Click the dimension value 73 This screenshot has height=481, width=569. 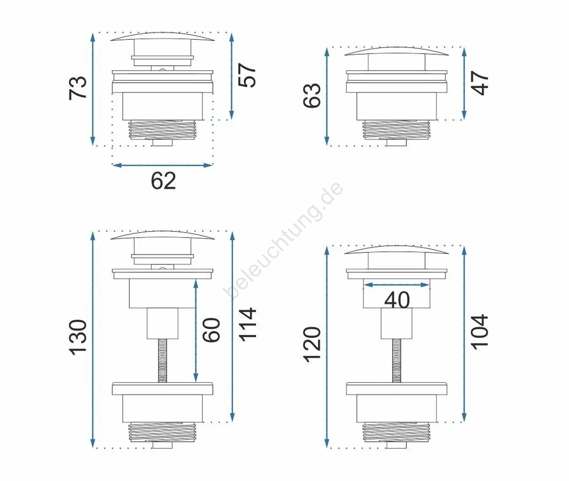[x=78, y=88]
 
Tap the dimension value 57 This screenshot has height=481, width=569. [x=247, y=76]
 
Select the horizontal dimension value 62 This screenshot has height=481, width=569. [x=163, y=181]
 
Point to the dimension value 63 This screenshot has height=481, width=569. [x=312, y=95]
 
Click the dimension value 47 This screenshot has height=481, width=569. [x=480, y=83]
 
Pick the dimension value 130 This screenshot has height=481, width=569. [x=78, y=337]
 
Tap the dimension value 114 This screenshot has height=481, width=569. [x=247, y=325]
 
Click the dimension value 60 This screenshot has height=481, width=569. [x=211, y=330]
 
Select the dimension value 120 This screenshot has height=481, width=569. [x=312, y=345]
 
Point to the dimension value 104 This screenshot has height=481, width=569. [x=480, y=332]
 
